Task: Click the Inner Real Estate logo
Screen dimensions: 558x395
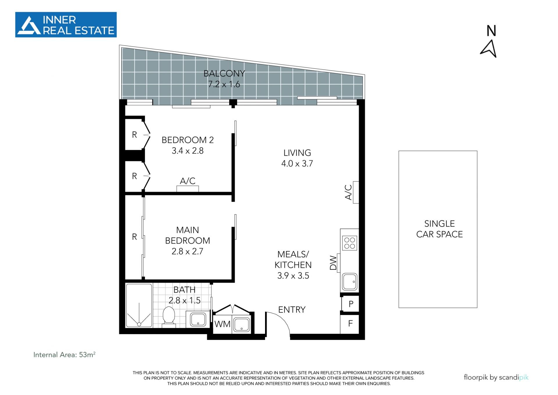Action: (x=66, y=25)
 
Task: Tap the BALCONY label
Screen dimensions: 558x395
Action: (x=224, y=74)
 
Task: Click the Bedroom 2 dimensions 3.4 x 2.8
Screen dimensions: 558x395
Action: (x=187, y=151)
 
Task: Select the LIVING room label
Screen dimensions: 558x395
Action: (x=297, y=153)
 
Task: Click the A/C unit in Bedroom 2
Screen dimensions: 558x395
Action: (x=188, y=189)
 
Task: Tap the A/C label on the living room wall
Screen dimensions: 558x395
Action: (x=348, y=192)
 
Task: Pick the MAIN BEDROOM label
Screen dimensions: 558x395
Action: (x=187, y=235)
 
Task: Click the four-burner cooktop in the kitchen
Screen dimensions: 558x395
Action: (x=350, y=243)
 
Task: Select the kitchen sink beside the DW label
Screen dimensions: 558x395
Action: (x=349, y=282)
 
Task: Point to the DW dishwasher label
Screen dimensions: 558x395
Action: (x=333, y=263)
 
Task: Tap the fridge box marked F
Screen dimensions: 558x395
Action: (x=350, y=324)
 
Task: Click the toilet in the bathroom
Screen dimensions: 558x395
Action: (x=169, y=317)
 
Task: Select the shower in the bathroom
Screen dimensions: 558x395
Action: (x=139, y=306)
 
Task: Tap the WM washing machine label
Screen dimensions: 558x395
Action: (x=222, y=324)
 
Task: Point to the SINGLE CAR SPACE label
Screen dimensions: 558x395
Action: (x=439, y=229)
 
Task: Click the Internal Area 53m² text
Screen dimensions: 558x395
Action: (x=64, y=355)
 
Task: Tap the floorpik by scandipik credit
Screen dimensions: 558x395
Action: (x=496, y=377)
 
